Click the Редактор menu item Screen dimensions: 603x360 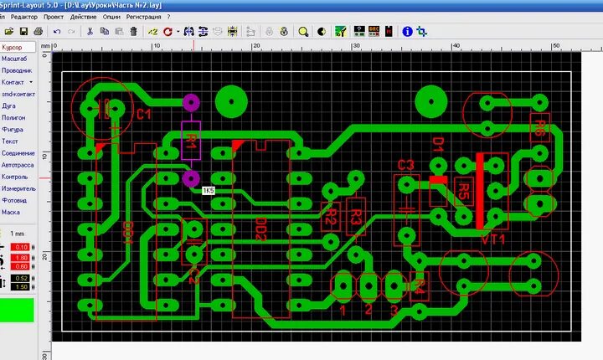(x=23, y=17)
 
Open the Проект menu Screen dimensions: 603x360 (x=53, y=17)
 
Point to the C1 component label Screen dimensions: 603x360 (x=143, y=114)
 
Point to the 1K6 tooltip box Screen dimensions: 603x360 (x=208, y=191)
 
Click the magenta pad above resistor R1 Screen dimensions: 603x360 (x=191, y=103)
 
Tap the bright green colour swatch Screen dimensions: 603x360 (x=17, y=309)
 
